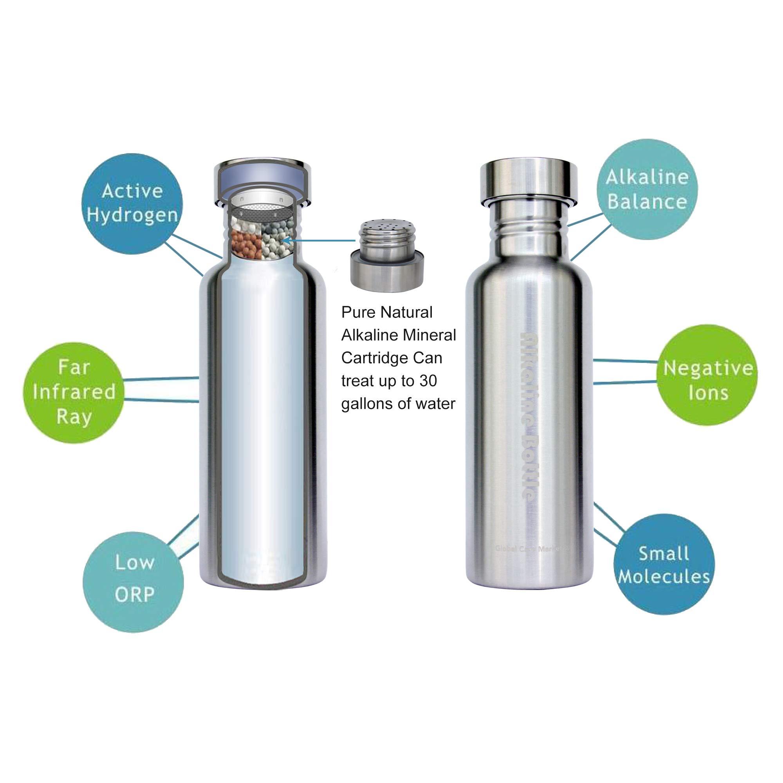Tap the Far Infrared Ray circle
(x=74, y=392)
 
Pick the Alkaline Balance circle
(x=647, y=189)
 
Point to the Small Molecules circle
(x=664, y=565)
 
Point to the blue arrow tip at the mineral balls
(x=285, y=241)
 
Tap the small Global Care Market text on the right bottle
(x=532, y=549)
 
